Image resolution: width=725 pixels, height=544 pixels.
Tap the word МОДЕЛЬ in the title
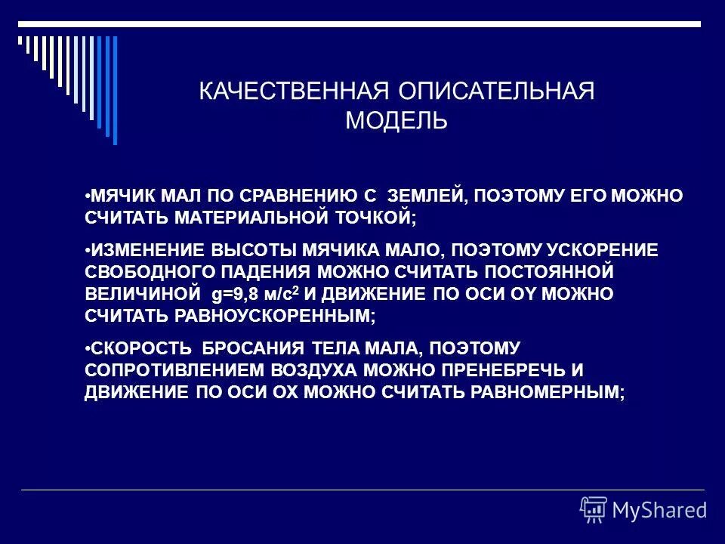(396, 121)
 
